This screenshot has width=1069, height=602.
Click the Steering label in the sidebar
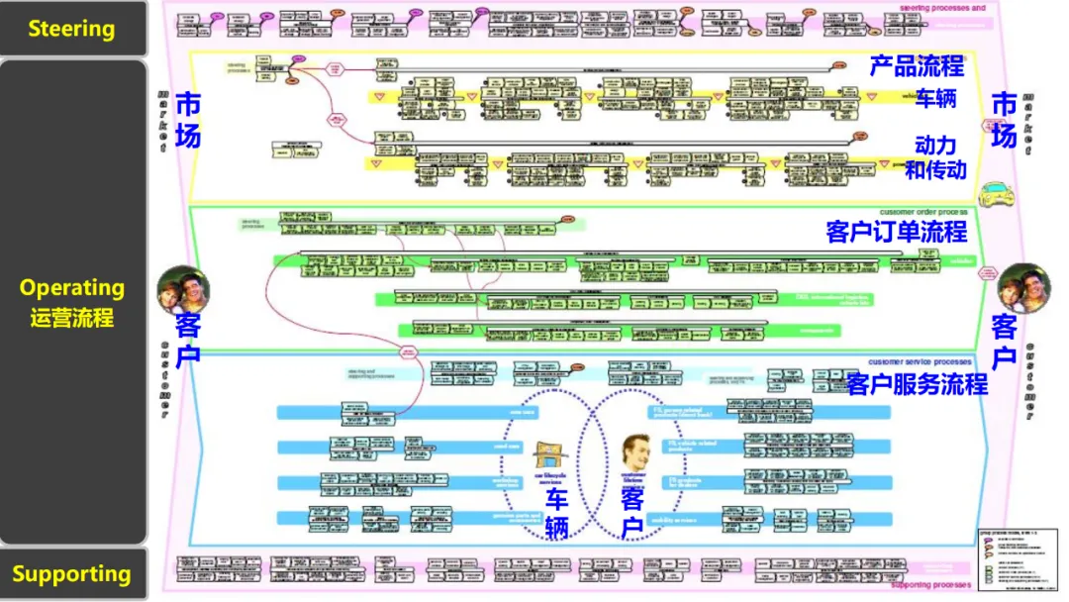click(x=71, y=29)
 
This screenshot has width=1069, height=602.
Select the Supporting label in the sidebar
click(x=71, y=574)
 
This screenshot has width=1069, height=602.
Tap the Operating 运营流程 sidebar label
click(x=71, y=302)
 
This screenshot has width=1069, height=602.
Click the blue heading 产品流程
click(x=917, y=66)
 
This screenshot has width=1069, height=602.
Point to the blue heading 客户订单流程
click(x=896, y=233)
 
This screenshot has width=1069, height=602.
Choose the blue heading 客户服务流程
click(x=917, y=384)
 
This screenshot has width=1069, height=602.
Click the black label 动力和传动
click(x=935, y=157)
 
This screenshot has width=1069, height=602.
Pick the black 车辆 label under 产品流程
click(x=935, y=99)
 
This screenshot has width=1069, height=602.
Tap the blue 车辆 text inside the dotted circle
click(x=556, y=514)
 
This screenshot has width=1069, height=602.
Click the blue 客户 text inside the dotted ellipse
click(x=632, y=514)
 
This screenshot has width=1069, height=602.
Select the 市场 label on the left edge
click(x=187, y=120)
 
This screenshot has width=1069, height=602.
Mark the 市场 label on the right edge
click(x=1004, y=120)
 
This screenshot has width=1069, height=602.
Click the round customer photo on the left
click(x=183, y=289)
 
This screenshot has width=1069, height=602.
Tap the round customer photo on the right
click(x=1023, y=288)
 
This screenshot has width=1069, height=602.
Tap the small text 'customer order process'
click(x=923, y=212)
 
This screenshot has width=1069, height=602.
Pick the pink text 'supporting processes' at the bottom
click(x=929, y=585)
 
